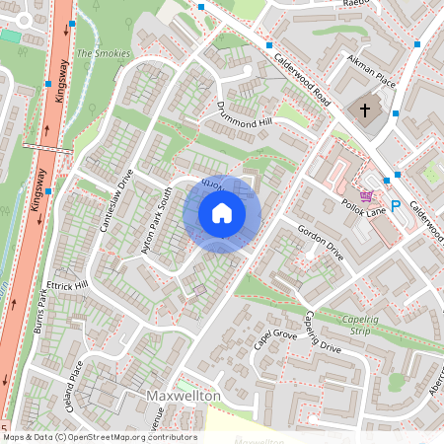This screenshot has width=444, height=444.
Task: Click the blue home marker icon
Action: [x=222, y=213]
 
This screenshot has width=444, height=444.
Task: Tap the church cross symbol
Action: [x=365, y=110]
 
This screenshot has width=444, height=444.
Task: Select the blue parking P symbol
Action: [x=396, y=206]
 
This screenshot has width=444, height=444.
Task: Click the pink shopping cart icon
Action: [x=367, y=197]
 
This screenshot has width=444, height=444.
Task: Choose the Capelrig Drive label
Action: [x=322, y=335]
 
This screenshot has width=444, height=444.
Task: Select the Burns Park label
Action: [x=39, y=309]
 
